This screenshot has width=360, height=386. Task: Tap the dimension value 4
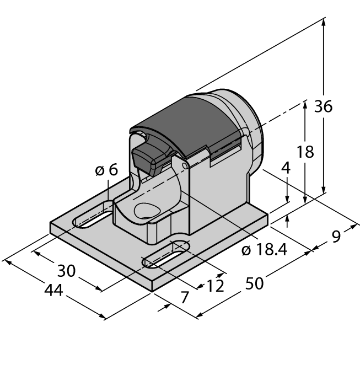click(x=285, y=168)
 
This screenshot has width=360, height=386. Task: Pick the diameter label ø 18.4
click(x=265, y=250)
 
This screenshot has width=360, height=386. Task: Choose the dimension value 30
click(x=66, y=271)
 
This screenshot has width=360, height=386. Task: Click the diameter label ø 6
click(x=106, y=170)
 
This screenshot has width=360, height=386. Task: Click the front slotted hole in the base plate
click(x=165, y=255)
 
